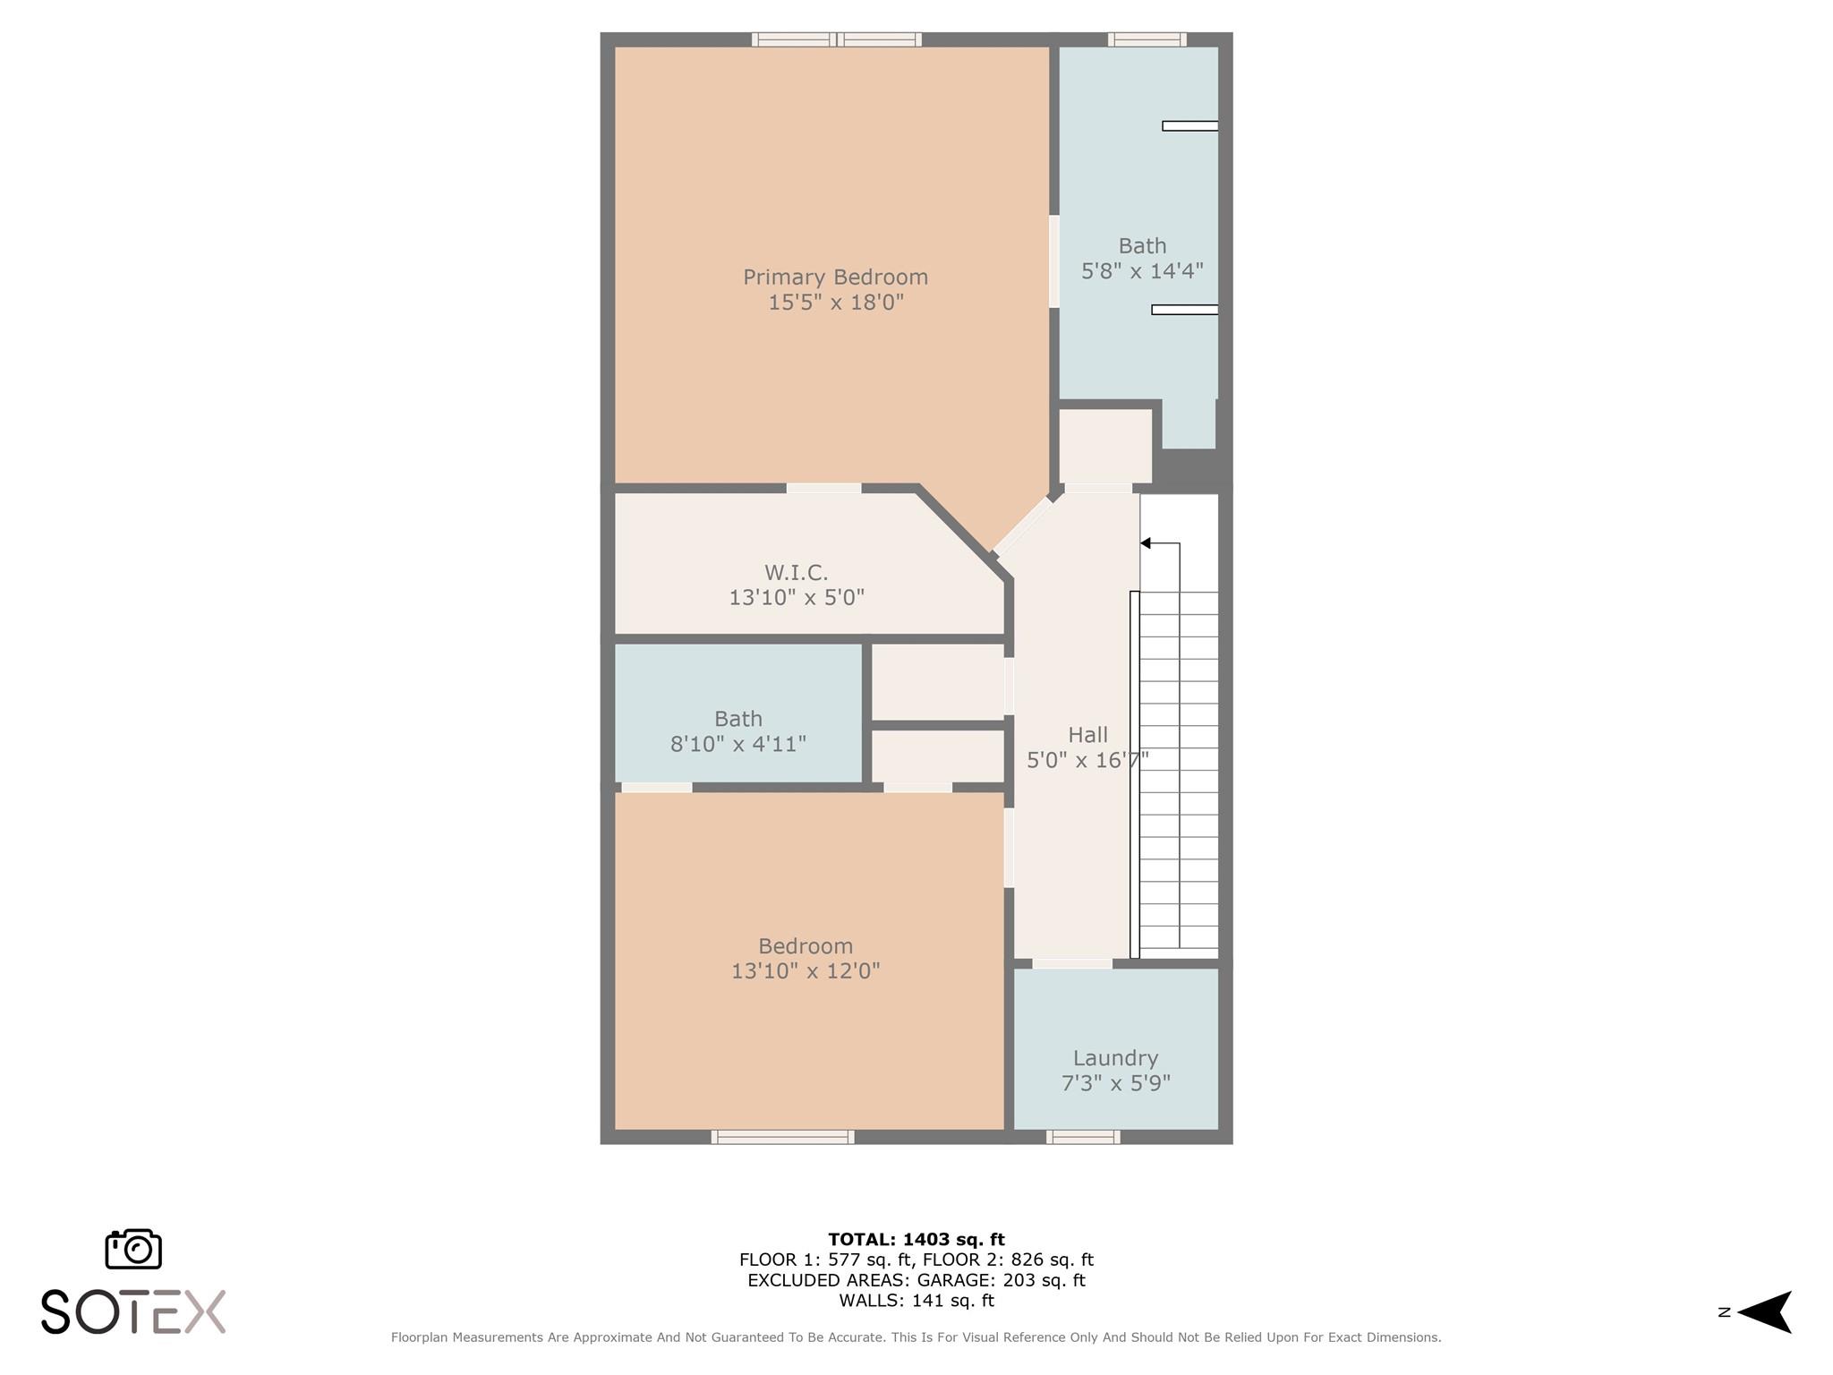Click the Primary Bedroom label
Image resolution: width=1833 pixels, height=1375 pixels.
click(835, 278)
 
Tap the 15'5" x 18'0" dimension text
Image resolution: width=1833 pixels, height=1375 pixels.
click(836, 303)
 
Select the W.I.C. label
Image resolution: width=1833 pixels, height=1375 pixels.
click(796, 572)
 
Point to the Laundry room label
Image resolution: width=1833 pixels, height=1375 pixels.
click(1115, 1059)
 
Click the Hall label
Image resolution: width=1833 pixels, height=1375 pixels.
click(1087, 735)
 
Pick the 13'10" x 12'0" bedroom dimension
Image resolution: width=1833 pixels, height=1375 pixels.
click(806, 971)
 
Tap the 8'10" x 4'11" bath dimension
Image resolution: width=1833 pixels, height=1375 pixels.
click(738, 744)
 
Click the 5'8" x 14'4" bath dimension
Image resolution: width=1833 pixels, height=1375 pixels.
click(1142, 271)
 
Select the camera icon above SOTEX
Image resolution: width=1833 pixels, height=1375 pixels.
click(133, 1249)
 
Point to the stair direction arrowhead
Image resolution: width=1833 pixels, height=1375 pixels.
click(1145, 543)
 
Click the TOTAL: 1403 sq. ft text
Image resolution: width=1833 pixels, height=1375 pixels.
click(916, 1240)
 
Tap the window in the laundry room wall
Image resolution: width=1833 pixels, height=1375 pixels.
click(1083, 1137)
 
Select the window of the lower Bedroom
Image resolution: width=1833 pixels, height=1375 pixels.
click(782, 1137)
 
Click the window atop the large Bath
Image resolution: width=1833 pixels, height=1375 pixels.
click(1147, 39)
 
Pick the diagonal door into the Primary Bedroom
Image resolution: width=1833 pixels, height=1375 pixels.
click(1022, 526)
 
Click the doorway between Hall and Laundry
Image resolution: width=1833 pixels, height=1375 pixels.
click(1072, 963)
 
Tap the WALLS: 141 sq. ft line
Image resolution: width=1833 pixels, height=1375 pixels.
click(916, 1301)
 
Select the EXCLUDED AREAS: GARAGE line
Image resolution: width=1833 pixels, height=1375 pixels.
click(916, 1280)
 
